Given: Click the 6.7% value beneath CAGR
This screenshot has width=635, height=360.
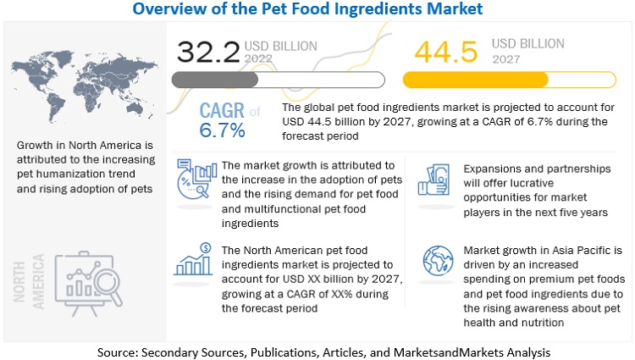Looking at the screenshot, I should (223, 130).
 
